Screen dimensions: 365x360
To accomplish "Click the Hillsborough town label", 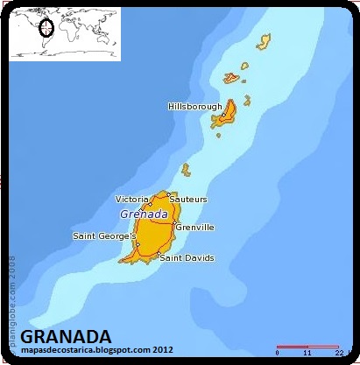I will [x=195, y=106].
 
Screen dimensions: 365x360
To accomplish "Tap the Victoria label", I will [x=131, y=200].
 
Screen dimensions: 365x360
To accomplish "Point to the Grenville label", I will [x=194, y=227].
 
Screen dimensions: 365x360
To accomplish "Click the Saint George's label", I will [x=104, y=235].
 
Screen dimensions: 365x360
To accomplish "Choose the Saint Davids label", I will [x=186, y=258].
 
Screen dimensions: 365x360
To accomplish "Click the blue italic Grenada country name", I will [x=143, y=214].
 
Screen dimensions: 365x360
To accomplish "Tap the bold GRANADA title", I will [x=66, y=337].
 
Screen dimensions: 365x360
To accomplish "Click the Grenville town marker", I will [x=175, y=221].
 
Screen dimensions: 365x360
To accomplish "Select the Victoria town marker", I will [x=150, y=206].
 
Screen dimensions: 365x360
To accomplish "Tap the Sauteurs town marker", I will [x=169, y=195].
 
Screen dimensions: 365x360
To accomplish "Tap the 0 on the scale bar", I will [x=278, y=354].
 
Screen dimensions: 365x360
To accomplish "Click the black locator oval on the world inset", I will [x=46, y=28].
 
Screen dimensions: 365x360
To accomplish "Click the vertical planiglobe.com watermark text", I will [x=12, y=290].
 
